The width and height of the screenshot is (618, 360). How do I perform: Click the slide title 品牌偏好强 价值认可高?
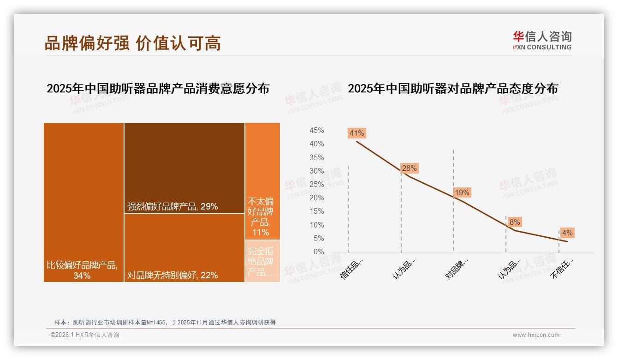point(132,42)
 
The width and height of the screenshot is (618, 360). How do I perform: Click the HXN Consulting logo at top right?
point(542,41)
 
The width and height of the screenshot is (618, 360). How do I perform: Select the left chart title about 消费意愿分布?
point(158,89)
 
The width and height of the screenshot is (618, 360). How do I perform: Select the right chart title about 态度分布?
point(452,89)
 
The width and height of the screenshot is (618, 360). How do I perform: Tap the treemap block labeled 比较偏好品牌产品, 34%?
point(83,202)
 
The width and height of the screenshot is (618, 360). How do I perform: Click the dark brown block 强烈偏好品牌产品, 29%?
point(184,168)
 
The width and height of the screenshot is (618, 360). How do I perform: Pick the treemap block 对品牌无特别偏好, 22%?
point(184,248)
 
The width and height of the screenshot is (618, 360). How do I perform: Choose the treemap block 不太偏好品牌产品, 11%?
point(262,181)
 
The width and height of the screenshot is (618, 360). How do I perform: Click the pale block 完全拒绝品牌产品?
point(262,261)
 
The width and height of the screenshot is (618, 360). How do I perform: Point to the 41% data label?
point(357,133)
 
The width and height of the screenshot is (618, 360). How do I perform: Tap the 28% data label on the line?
point(409,168)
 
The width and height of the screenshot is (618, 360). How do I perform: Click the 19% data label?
point(462,193)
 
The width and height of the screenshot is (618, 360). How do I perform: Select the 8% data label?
point(515,222)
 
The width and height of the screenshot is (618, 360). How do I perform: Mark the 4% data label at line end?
point(567,233)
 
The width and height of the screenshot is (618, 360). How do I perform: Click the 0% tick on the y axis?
point(319,252)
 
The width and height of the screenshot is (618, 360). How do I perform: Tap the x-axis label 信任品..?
point(352,268)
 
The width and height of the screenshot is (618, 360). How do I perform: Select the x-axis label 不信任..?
point(563,268)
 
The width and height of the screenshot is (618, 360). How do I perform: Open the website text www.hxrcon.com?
point(535,335)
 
